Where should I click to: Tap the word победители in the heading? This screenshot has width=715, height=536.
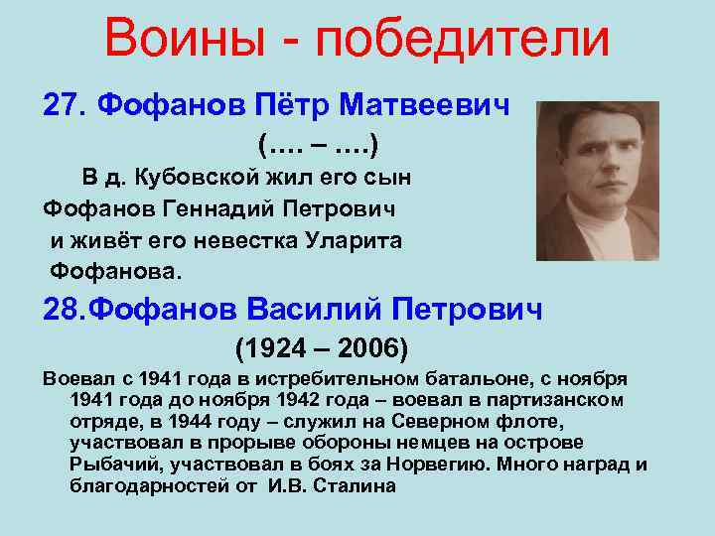point(460,39)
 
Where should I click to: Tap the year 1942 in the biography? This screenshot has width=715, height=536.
point(335,400)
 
